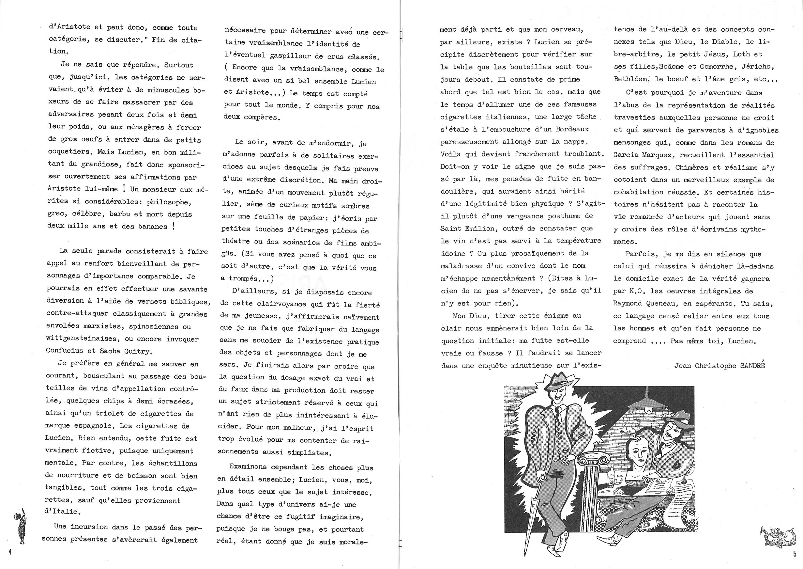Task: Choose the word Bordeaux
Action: coord(570,129)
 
